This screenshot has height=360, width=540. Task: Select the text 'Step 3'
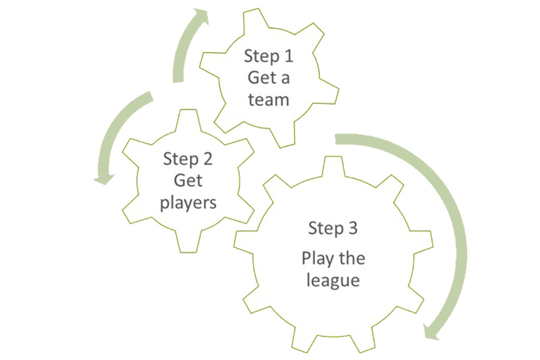332,228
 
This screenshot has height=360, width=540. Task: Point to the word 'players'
188,202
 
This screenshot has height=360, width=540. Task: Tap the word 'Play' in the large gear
318,258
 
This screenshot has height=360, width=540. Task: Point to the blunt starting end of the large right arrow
337,138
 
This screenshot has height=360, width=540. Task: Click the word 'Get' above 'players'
188,180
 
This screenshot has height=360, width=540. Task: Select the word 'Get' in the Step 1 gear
259,77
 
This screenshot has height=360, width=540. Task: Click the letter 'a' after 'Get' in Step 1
285,78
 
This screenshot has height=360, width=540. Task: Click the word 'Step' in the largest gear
323,228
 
